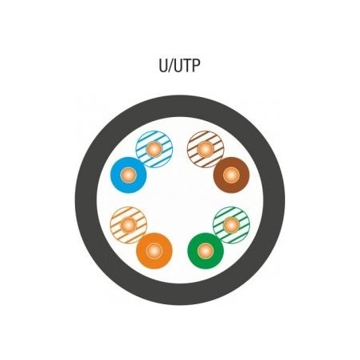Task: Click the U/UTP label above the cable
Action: point(179,65)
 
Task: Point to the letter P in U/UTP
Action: point(195,65)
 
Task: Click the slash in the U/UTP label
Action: point(170,66)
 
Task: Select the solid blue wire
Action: point(128,175)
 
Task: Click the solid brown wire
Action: point(231,175)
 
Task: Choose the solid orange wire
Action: point(155,251)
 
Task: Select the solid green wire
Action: point(205,251)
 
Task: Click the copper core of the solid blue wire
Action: point(128,175)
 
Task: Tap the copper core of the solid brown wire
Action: point(231,175)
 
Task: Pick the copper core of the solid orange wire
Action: point(155,251)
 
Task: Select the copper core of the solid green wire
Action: point(205,251)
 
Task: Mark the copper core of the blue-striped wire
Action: point(154,149)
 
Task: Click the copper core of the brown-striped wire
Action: point(205,149)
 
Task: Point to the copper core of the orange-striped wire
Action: point(128,225)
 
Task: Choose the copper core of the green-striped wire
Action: point(231,225)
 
